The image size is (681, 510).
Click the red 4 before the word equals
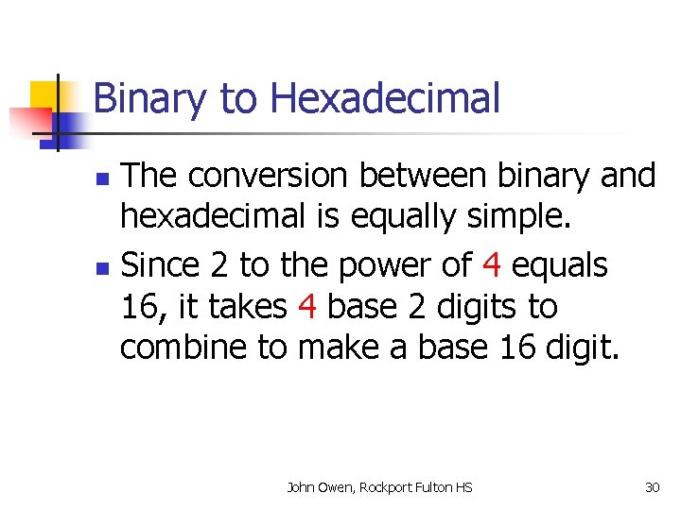point(490,266)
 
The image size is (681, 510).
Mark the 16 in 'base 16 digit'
point(514,348)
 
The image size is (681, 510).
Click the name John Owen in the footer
point(316,487)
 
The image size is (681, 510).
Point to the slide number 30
point(652,487)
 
